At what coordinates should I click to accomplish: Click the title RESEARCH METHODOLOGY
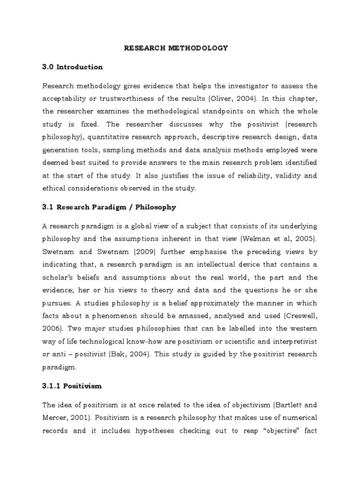coord(176,48)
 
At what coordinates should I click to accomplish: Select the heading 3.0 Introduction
coord(73,67)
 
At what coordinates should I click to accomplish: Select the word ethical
coord(54,188)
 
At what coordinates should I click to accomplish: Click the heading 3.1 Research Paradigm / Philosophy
coord(109,207)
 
